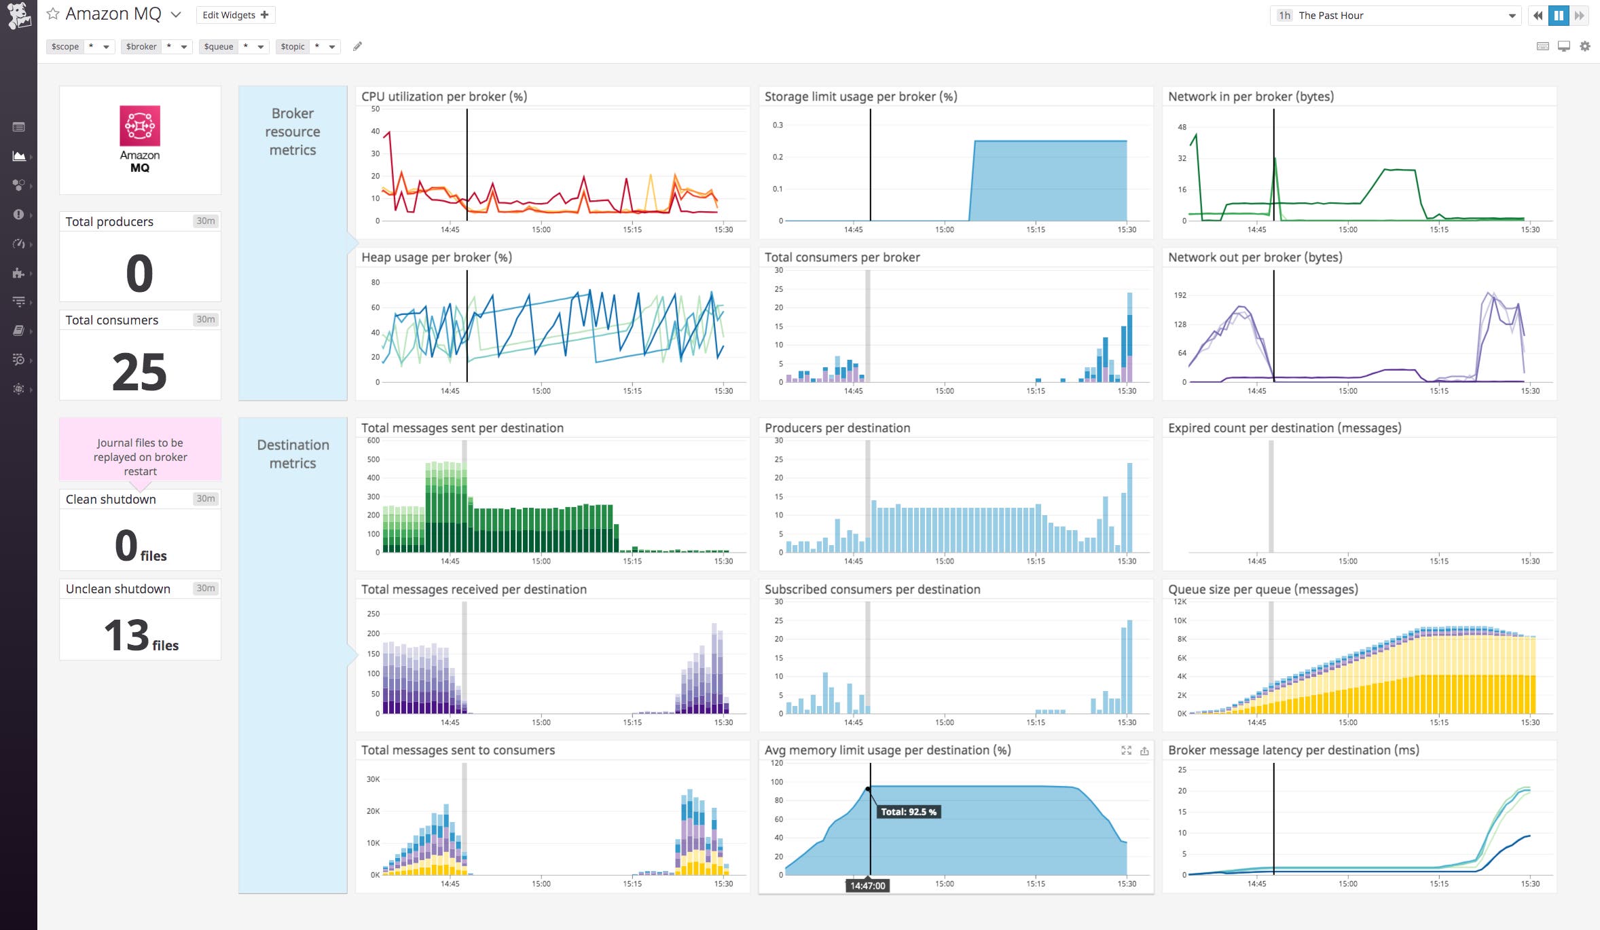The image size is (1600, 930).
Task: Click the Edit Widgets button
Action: point(235,15)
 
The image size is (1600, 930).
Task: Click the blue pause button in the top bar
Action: point(1559,16)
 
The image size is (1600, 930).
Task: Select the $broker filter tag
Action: point(141,47)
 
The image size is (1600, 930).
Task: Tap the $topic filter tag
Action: point(293,47)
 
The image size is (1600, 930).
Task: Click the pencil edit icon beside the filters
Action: point(357,46)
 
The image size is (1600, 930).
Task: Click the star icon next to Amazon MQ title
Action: point(53,14)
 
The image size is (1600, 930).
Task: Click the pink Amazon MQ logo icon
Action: point(140,126)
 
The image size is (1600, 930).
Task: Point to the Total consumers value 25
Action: point(139,372)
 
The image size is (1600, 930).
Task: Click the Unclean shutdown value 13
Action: point(126,635)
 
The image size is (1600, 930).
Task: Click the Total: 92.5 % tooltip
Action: point(908,812)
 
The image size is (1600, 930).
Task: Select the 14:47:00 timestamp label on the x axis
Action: point(867,886)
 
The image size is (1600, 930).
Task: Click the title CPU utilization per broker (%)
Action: point(444,96)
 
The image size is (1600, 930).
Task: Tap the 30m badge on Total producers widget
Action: point(205,221)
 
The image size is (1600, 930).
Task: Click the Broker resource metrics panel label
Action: point(293,132)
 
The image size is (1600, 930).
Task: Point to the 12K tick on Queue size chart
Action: point(1180,602)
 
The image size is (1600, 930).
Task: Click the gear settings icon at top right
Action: point(1585,46)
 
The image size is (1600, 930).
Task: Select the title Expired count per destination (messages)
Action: point(1284,428)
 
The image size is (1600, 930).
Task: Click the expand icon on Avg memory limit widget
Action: point(1126,750)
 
